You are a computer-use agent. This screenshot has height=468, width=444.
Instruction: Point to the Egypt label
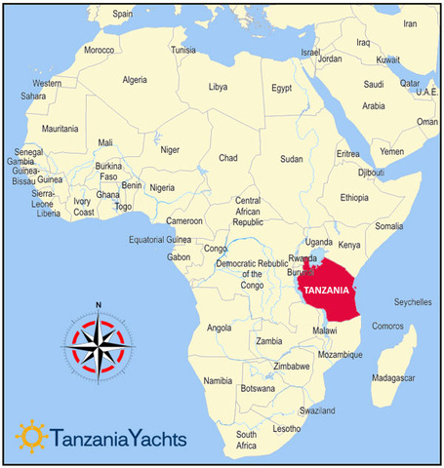point(282,88)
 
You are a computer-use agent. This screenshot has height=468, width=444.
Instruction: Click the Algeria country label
point(134,80)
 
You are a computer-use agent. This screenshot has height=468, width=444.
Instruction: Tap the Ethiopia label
point(354,197)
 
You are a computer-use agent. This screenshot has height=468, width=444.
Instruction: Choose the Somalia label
point(389,225)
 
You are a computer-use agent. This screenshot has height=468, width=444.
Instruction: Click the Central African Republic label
point(248,211)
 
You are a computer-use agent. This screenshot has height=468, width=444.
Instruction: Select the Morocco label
point(99,49)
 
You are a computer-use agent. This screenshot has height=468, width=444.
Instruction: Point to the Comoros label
point(388,326)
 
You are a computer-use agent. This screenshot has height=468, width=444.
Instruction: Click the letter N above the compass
point(99,304)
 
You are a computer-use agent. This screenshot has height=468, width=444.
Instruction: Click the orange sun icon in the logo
point(31,436)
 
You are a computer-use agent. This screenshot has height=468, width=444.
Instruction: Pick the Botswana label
point(258,388)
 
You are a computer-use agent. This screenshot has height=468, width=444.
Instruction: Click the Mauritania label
point(60,129)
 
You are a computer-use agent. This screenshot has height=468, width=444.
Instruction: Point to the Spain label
point(122,14)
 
